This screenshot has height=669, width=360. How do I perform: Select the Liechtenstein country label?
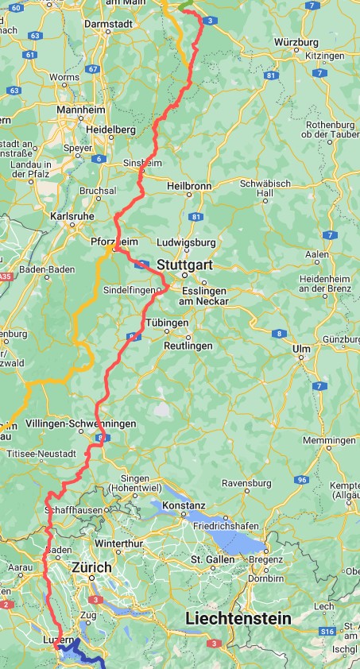pos(238,617)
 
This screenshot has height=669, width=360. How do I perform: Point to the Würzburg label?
pos(295,41)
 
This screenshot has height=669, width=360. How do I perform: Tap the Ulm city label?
pos(300,349)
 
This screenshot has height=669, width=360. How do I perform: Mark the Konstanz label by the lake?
pos(184,505)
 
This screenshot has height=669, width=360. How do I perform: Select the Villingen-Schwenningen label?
pos(80,423)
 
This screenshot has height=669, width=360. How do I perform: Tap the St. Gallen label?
pos(210,560)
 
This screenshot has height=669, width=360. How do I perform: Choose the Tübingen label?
pos(166,323)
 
